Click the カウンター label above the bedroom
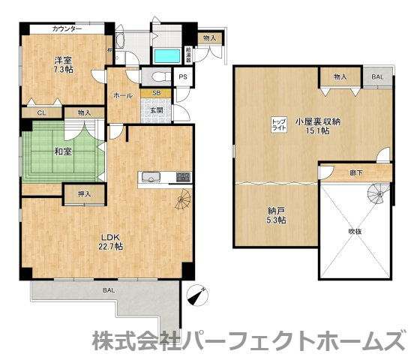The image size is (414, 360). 67,28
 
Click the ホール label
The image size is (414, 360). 123,96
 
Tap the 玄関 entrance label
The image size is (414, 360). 155,110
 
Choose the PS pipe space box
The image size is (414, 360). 182,76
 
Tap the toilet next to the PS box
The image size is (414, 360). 155,76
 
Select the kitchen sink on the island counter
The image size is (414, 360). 148,177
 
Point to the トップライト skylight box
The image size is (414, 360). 277,124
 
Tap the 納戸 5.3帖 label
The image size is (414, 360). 277,215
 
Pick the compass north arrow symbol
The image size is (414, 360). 196,296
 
